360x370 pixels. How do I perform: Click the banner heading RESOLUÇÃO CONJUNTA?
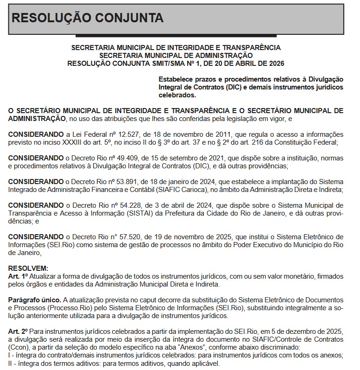click(x=87, y=18)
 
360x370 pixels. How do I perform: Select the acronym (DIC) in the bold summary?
click(x=237, y=87)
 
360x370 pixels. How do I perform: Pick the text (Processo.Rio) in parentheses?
click(x=69, y=308)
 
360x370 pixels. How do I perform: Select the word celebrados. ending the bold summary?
click(x=177, y=95)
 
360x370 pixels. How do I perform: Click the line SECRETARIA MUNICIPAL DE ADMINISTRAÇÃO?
click(x=176, y=55)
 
